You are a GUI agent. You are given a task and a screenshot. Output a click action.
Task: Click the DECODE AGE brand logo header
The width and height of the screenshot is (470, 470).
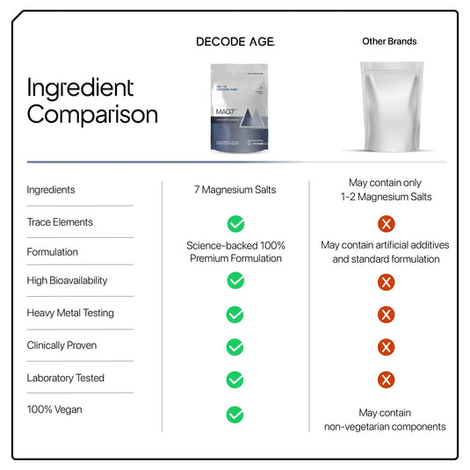pos(235,41)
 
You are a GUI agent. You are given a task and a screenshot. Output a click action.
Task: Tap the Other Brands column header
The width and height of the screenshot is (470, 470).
pos(389,41)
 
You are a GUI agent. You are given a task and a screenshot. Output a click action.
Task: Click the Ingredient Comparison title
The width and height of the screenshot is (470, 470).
pos(92,101)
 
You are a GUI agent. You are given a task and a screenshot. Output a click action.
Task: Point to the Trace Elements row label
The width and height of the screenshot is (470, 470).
pos(60,222)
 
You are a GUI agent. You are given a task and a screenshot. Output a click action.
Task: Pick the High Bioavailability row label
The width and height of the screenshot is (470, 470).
pos(68,280)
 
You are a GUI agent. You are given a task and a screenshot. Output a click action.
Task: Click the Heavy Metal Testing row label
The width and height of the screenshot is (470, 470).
pos(70,313)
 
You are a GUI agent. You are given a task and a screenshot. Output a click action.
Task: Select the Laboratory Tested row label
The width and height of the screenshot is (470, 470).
pos(66,378)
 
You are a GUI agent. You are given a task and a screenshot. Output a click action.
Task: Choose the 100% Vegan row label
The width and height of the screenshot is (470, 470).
pos(54,410)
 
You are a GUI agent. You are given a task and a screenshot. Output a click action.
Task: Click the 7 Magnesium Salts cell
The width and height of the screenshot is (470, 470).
pos(235,190)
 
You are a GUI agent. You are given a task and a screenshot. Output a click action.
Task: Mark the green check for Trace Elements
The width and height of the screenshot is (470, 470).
pos(235,223)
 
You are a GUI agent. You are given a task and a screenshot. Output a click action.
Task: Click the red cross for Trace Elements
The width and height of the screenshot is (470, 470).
pos(386,223)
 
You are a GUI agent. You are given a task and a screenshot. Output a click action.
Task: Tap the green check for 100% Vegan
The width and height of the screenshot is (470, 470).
pos(235,414)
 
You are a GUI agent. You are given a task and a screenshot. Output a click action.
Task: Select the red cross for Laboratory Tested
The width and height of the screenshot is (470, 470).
pos(386,380)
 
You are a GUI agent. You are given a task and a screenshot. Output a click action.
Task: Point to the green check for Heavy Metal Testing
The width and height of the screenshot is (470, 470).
pos(235,315)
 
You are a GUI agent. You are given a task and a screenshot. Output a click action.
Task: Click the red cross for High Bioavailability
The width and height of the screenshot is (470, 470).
pos(386,282)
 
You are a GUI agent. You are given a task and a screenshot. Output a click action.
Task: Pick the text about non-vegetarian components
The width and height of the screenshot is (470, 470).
pos(385,420)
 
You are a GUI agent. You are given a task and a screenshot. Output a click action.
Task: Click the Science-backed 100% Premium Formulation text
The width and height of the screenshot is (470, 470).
pos(235,252)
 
